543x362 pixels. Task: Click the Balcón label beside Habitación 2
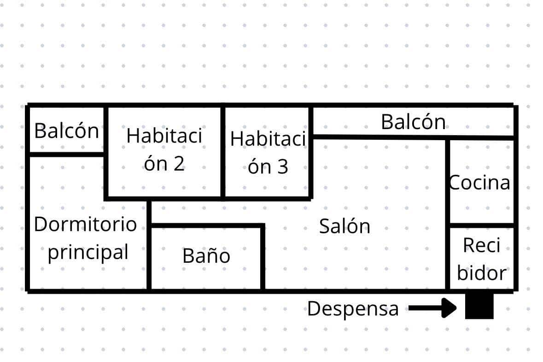pyautogui.click(x=66, y=131)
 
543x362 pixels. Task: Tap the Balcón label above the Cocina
pyautogui.click(x=413, y=122)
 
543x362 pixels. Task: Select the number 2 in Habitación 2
pyautogui.click(x=179, y=164)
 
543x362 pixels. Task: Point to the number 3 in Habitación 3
pyautogui.click(x=283, y=167)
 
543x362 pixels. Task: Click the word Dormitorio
pyautogui.click(x=85, y=224)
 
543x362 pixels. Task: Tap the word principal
pyautogui.click(x=88, y=252)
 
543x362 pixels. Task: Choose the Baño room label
pyautogui.click(x=206, y=256)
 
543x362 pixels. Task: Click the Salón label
pyautogui.click(x=344, y=226)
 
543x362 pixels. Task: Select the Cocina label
pyautogui.click(x=479, y=183)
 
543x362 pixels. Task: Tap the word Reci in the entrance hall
pyautogui.click(x=482, y=245)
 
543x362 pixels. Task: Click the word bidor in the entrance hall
pyautogui.click(x=482, y=273)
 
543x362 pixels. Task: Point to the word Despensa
pyautogui.click(x=353, y=309)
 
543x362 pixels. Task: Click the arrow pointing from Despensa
pyautogui.click(x=433, y=308)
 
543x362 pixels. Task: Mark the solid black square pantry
pyautogui.click(x=479, y=305)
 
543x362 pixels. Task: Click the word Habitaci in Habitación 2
pyautogui.click(x=164, y=136)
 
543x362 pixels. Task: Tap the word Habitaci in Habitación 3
pyautogui.click(x=268, y=139)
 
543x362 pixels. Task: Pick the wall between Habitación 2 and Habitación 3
pyautogui.click(x=223, y=152)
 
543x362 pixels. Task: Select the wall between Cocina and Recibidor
pyautogui.click(x=482, y=226)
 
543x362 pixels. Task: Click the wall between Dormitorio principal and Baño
pyautogui.click(x=149, y=245)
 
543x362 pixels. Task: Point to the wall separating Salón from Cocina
pyautogui.click(x=447, y=214)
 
